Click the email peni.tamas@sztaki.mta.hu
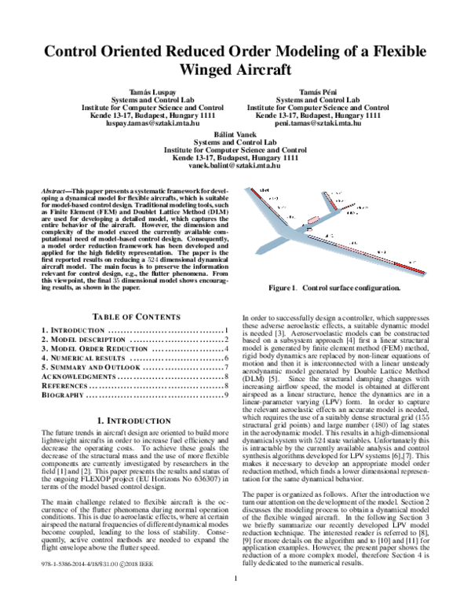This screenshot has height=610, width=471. pos(313,123)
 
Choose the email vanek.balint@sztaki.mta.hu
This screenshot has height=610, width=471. pos(235,165)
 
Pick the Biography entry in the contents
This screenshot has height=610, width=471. pos(64,395)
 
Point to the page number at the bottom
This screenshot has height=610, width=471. pos(235,602)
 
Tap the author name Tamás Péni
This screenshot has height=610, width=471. pos(313,92)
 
